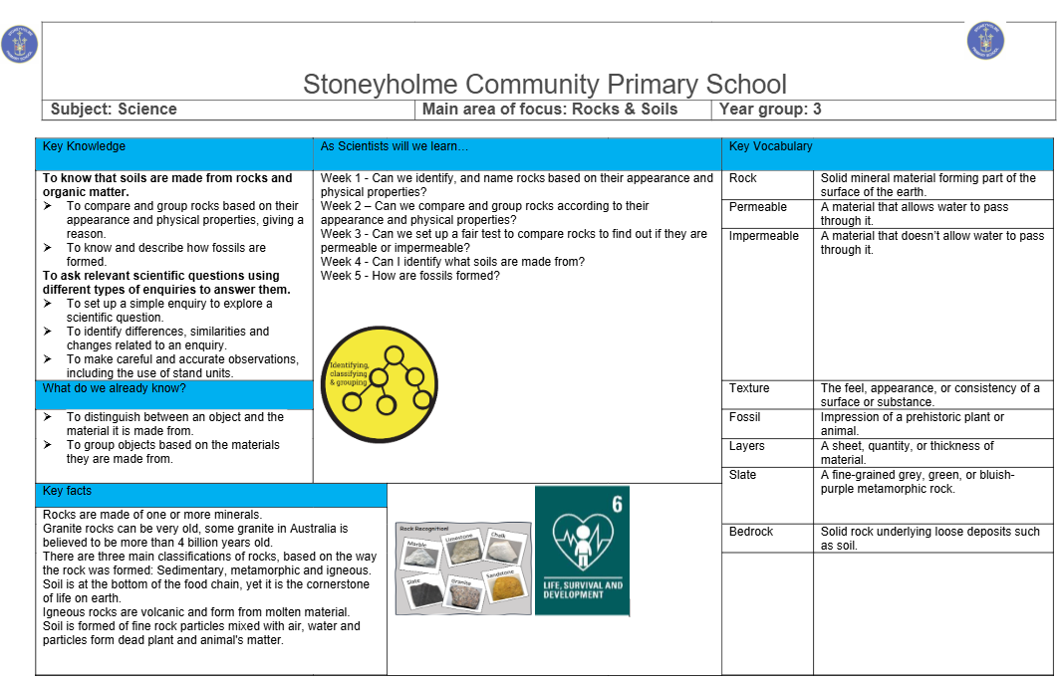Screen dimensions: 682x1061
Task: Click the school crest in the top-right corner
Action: click(985, 40)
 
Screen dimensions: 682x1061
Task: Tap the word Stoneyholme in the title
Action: click(380, 84)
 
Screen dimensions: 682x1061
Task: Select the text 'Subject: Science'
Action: click(114, 110)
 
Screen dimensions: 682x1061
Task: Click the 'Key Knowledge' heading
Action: click(84, 146)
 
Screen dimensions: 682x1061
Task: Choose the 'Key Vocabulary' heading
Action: click(770, 146)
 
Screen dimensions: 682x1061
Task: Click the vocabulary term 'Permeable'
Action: click(757, 207)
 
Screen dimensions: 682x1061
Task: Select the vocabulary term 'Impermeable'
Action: click(763, 236)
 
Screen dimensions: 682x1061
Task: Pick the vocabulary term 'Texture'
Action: click(749, 388)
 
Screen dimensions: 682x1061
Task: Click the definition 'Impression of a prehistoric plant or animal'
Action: click(912, 424)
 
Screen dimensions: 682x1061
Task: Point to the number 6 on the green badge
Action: click(617, 504)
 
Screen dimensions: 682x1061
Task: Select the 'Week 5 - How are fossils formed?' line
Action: click(409, 276)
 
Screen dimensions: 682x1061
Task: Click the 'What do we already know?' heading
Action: click(114, 388)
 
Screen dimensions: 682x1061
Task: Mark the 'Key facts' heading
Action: click(67, 491)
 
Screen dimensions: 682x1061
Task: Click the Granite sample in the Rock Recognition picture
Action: click(460, 592)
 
